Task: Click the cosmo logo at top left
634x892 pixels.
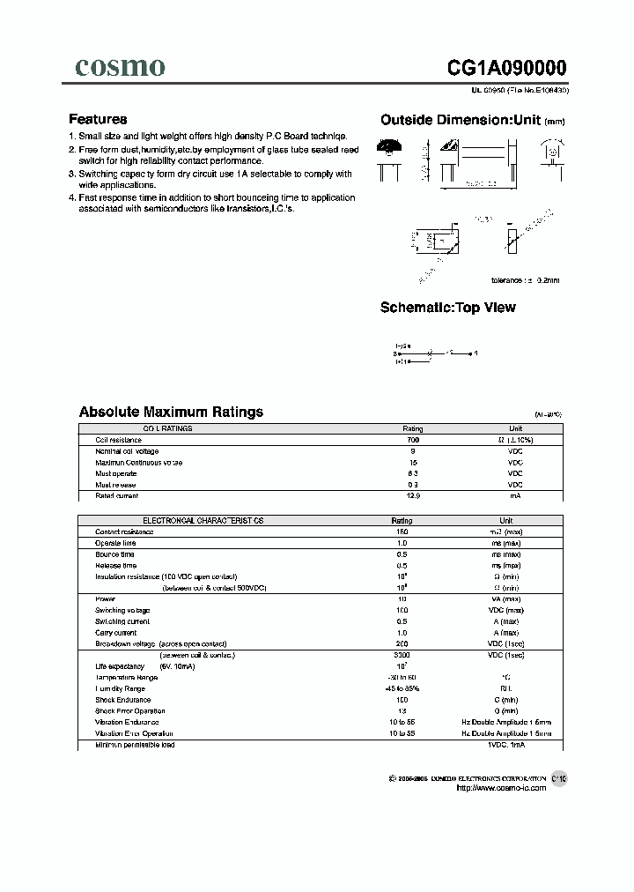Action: click(120, 67)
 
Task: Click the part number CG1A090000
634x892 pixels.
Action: click(507, 69)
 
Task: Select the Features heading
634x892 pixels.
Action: click(98, 119)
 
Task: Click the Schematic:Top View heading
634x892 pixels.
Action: click(447, 308)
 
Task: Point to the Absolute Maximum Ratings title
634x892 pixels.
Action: click(171, 412)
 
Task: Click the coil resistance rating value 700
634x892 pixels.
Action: click(413, 439)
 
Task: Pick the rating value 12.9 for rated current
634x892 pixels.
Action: click(413, 496)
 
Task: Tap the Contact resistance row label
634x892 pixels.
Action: click(124, 531)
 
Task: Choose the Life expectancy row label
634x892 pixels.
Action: click(119, 666)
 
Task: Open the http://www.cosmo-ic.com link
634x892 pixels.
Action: click(501, 788)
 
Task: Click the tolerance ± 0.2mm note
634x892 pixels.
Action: click(525, 280)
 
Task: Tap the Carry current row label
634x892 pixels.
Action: click(116, 633)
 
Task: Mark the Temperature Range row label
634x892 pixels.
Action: click(127, 677)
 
